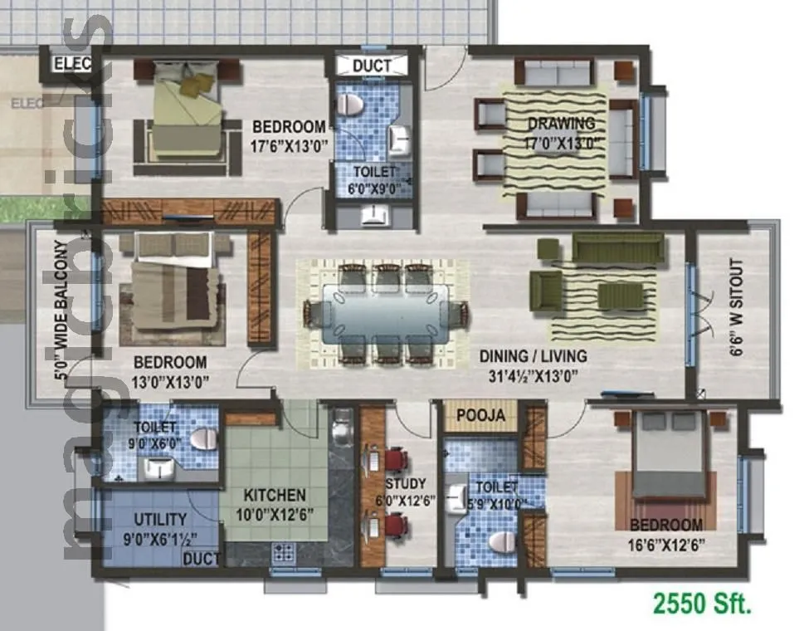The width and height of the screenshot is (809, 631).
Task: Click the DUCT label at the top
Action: [373, 66]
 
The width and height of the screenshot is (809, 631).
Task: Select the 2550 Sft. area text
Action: [704, 603]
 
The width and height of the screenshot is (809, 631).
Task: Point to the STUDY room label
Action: [406, 483]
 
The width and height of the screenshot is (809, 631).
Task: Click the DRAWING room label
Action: [561, 124]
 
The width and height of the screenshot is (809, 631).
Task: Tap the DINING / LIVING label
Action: [533, 356]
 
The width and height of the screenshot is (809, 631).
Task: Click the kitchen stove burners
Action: [283, 552]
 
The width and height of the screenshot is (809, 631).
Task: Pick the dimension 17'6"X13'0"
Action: [289, 146]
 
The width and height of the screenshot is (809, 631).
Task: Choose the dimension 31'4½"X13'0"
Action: [533, 375]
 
